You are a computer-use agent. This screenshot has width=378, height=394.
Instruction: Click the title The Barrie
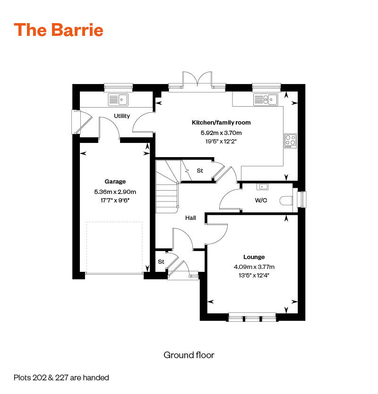tap(59, 30)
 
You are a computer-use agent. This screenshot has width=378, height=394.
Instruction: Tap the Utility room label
tap(122, 116)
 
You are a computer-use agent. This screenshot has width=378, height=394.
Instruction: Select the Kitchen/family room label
tap(221, 123)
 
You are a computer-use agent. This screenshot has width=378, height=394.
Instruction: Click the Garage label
tap(115, 182)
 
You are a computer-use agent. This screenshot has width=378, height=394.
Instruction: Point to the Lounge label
tap(254, 257)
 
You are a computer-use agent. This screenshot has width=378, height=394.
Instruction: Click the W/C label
tap(261, 200)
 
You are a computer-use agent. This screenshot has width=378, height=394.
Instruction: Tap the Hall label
tap(190, 218)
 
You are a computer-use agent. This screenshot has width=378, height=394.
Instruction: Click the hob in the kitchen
tap(290, 141)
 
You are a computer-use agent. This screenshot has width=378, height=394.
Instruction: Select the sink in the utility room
tap(118, 100)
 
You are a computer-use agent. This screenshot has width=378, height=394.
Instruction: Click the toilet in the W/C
tap(286, 201)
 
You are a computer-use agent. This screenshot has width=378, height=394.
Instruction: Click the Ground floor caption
tap(189, 354)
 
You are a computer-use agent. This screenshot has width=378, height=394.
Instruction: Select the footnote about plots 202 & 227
tap(61, 377)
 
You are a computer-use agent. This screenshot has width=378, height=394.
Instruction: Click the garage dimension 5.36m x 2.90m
tap(115, 192)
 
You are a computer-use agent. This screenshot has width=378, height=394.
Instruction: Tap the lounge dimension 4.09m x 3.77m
tap(254, 267)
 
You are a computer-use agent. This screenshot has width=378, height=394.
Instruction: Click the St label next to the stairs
tap(200, 171)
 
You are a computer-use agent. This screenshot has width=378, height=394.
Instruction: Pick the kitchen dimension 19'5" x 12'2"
tap(221, 141)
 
